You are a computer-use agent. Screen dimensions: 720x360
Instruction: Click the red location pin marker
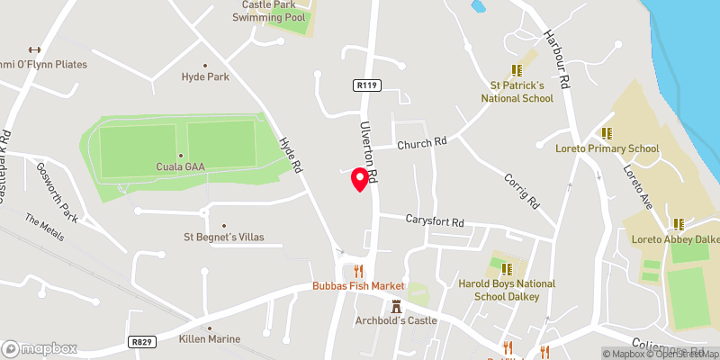pos(360,178)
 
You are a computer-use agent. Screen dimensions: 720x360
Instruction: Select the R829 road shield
pos(139,341)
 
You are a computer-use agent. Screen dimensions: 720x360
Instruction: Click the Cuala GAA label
pos(180,166)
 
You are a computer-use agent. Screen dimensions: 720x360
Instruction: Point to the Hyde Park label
pos(205,76)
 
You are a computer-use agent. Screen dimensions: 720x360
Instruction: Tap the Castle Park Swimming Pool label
pos(270,11)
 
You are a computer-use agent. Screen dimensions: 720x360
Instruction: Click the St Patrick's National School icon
pos(517,69)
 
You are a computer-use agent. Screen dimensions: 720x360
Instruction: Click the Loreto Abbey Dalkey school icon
pos(677,223)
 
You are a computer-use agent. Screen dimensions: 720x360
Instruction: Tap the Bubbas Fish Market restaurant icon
pos(358,270)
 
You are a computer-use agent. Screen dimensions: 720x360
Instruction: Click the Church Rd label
pos(422,142)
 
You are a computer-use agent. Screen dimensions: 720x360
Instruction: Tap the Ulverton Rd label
pos(366,150)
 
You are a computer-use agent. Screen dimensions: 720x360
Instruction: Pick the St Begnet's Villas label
pos(224,238)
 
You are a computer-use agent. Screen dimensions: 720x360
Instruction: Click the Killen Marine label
pos(210,339)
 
